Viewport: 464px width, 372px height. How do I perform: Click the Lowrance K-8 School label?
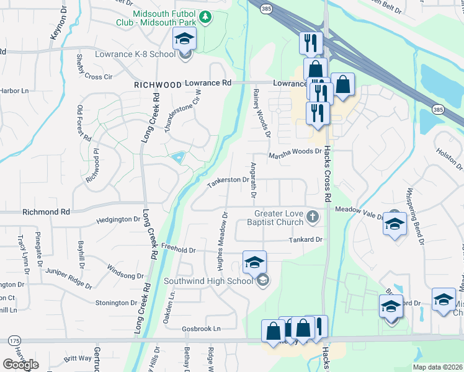click(x=135, y=55)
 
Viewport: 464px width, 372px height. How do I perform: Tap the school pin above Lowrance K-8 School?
click(x=184, y=39)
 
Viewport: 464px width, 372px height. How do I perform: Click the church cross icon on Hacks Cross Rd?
click(x=313, y=216)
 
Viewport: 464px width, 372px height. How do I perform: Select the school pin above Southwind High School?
click(x=254, y=262)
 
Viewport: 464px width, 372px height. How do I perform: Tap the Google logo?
click(x=20, y=365)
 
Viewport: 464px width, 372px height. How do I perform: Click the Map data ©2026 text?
click(x=437, y=367)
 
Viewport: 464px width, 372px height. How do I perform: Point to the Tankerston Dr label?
click(x=228, y=180)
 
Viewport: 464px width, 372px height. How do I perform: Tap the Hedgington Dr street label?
click(x=119, y=219)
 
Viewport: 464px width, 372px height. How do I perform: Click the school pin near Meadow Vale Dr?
click(x=395, y=224)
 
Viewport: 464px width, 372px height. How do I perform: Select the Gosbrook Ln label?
click(x=201, y=329)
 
